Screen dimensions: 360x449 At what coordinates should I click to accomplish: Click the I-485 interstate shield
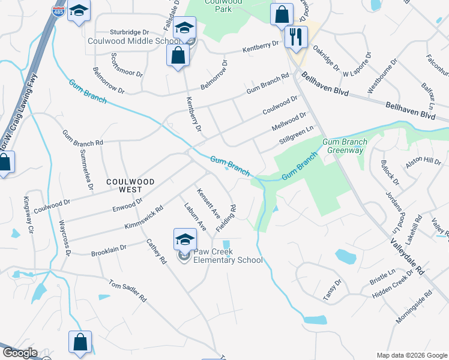tap(58, 11)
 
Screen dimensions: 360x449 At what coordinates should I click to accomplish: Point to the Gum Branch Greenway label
tap(343, 146)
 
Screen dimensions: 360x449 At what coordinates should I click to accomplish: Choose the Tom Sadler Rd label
tap(127, 290)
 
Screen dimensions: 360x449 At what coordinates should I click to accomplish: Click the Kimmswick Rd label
tap(143, 218)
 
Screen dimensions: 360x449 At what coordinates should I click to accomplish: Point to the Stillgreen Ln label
tap(297, 136)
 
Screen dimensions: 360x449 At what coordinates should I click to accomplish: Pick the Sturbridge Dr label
tap(129, 32)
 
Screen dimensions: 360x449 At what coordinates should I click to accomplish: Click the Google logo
tap(20, 353)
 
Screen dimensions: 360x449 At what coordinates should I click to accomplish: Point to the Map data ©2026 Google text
tap(412, 355)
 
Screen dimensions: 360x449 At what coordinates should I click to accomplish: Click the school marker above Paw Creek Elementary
tap(185, 239)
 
